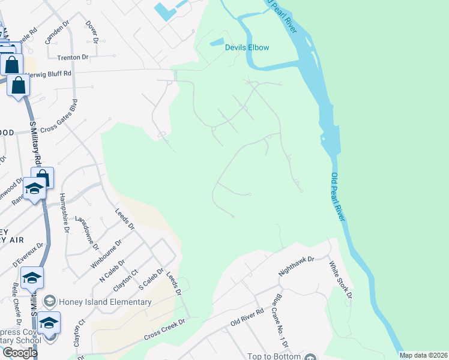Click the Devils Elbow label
coord(247,47)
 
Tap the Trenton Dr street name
coord(73,58)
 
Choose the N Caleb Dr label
coord(111,271)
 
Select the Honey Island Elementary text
coord(105,302)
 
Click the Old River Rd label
coord(247,318)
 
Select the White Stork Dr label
coord(339,278)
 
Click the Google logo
coord(19,353)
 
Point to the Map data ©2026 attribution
coord(423,355)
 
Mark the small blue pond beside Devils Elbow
coord(215,43)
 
